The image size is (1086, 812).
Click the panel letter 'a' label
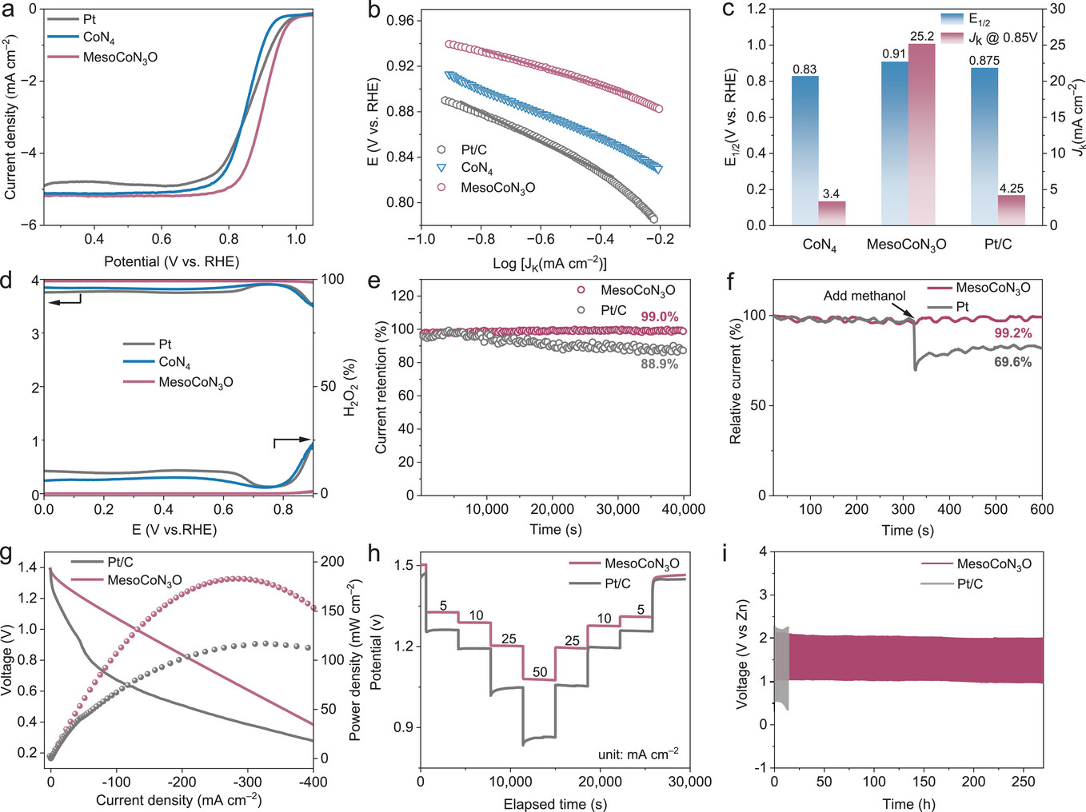(9, 10)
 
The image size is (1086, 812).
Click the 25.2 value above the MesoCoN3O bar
(922, 36)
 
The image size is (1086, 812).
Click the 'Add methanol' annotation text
(864, 296)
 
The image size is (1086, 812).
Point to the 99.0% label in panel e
(660, 316)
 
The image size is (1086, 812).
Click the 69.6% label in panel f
(1013, 362)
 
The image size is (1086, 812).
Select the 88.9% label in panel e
(660, 364)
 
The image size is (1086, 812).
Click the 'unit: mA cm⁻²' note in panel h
(638, 754)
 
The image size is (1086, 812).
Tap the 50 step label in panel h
(540, 672)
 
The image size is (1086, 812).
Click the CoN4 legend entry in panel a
(98, 38)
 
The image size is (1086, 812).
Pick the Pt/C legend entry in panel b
(473, 149)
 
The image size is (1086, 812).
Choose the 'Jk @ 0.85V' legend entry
(1002, 38)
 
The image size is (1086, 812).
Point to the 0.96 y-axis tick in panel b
(401, 21)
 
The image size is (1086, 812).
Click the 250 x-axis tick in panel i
(1023, 782)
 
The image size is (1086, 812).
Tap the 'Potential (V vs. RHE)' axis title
(171, 262)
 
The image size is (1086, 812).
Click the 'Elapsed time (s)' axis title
(554, 804)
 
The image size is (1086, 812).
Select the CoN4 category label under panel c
(819, 245)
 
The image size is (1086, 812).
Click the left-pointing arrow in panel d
(64, 302)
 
